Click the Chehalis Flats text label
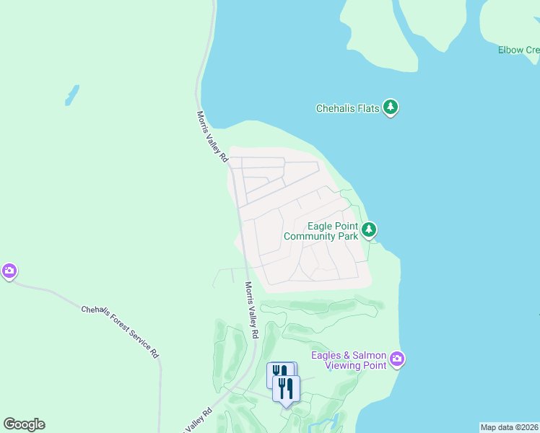pos(348,109)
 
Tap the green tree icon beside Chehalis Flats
pos(391,108)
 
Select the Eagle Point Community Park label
pos(321,231)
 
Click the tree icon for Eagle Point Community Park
pos(369,230)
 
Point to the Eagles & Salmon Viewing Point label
pos(349,360)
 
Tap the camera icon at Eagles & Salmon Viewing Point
pos(396,359)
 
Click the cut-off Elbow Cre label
pos(518,50)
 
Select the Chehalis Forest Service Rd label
pos(120,331)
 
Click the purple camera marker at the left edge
pos(9,271)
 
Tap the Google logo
pos(24,424)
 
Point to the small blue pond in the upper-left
pos(71,95)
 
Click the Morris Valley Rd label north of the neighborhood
pos(213,136)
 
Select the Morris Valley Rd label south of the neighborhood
pos(251,310)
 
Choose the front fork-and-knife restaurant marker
pos(286,389)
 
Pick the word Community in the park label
pos(310,236)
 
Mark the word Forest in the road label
pos(120,331)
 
